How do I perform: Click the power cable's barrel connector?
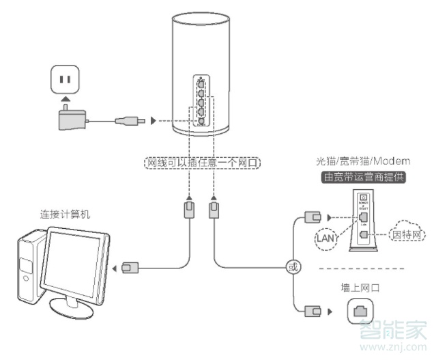pyautogui.click(x=130, y=121)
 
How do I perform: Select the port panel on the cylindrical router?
pyautogui.click(x=200, y=102)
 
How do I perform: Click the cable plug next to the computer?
pyautogui.click(x=130, y=267)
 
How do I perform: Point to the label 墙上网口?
pyautogui.click(x=361, y=288)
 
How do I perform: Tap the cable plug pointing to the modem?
pyautogui.click(x=312, y=217)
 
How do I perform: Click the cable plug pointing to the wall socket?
pyautogui.click(x=312, y=312)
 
